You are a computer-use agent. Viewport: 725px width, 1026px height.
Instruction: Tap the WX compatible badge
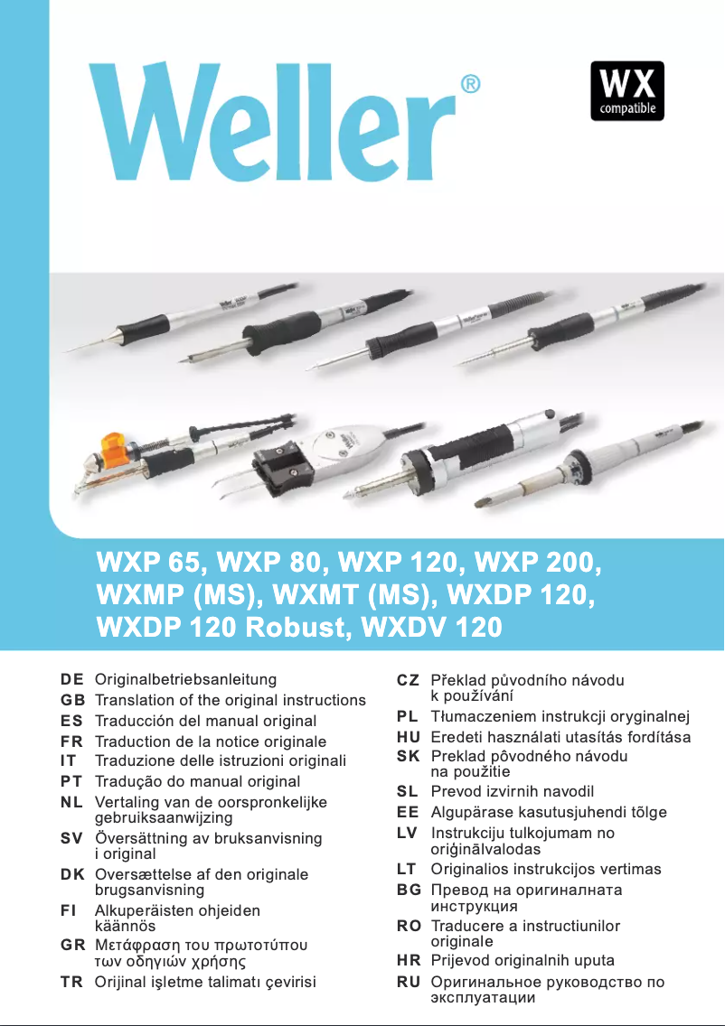627,91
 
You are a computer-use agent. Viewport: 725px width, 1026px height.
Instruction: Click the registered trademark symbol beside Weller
470,85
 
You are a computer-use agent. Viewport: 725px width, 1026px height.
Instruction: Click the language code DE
72,679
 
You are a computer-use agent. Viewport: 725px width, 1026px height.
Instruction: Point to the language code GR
72,945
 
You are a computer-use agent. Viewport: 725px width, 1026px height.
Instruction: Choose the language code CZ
408,680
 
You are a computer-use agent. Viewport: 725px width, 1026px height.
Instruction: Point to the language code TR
72,982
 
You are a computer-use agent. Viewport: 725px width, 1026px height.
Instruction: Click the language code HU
408,737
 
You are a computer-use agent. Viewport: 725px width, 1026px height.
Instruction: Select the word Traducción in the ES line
134,721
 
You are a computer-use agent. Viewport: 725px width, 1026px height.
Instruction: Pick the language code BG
408,890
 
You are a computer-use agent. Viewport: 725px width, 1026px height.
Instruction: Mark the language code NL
72,802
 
